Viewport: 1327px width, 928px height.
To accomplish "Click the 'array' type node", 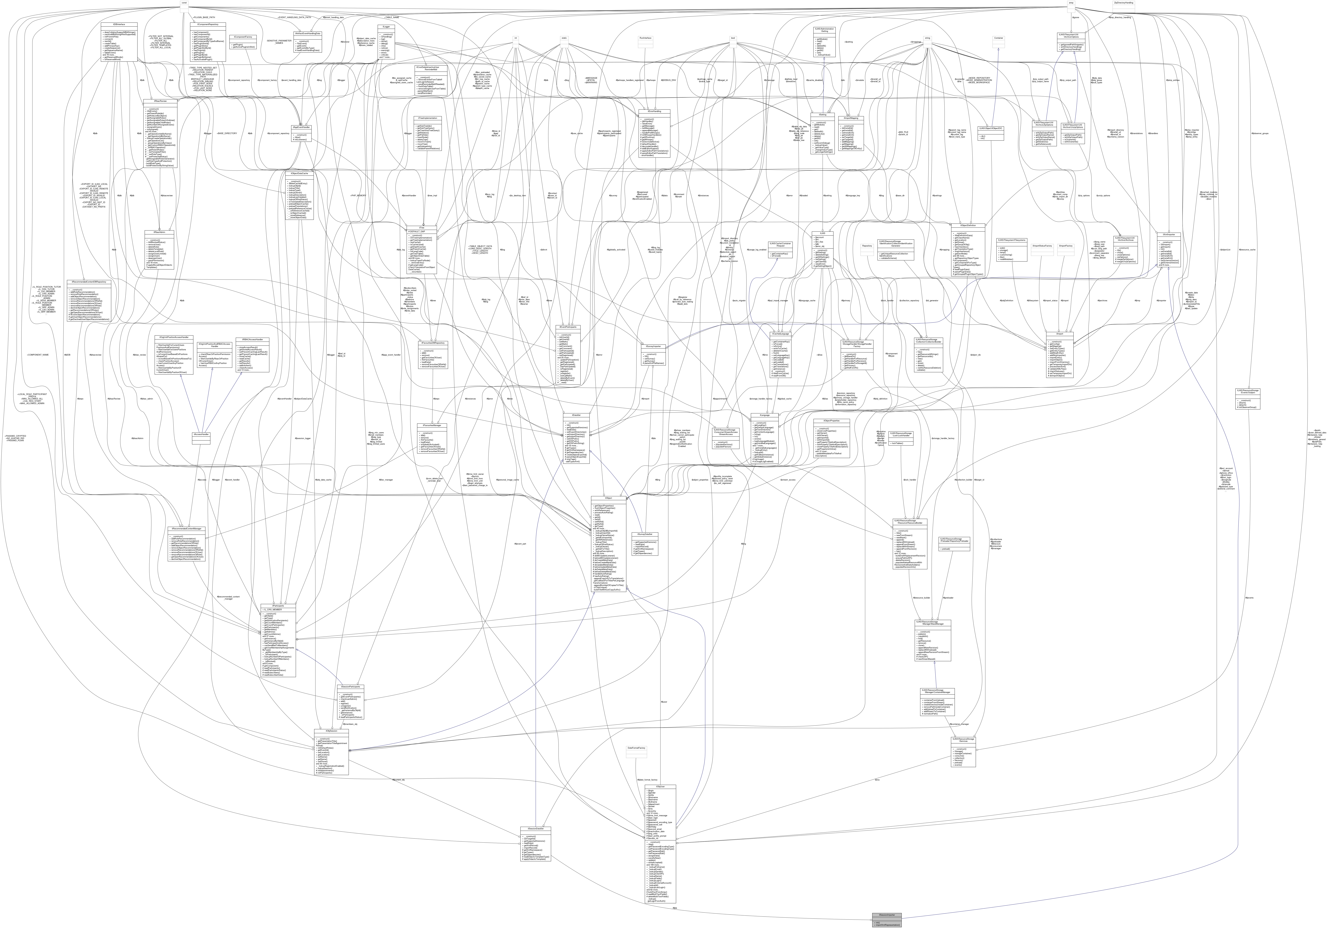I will (x=1070, y=3).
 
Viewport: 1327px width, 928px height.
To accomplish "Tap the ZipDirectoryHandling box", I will (x=1123, y=3).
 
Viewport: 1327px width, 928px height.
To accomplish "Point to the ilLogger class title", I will (x=386, y=27).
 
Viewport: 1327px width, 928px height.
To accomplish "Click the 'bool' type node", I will (x=733, y=38).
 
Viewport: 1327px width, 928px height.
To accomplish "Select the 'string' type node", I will (x=927, y=38).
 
